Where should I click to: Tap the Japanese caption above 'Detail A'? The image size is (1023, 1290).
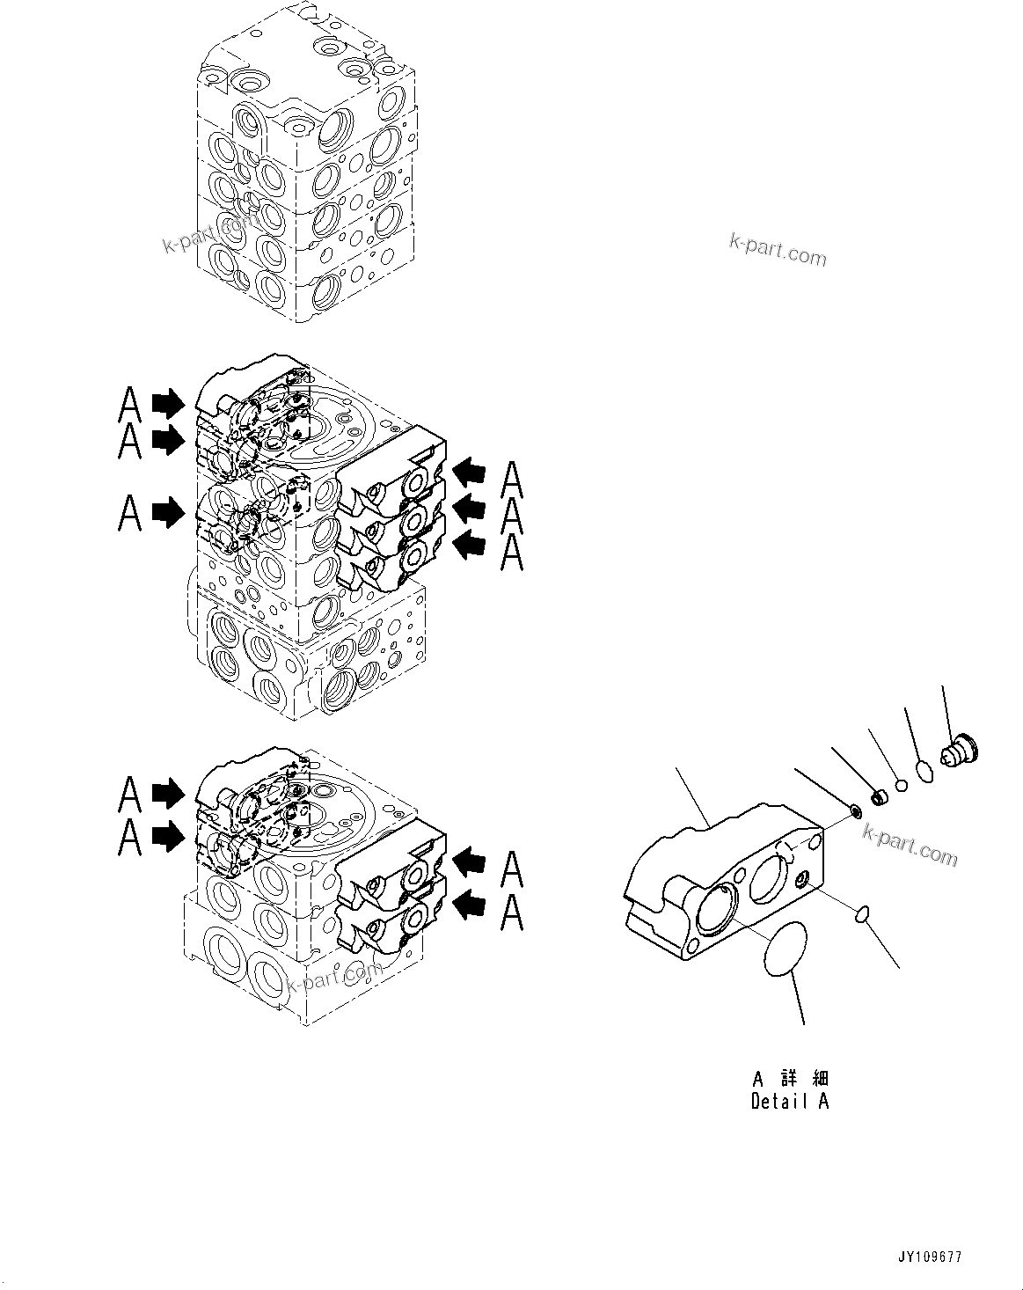click(x=790, y=1078)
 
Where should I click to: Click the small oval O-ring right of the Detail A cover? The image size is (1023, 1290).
click(x=863, y=915)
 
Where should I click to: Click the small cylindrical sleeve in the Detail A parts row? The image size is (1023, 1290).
click(x=878, y=797)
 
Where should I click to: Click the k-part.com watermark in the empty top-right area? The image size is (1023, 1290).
click(x=778, y=249)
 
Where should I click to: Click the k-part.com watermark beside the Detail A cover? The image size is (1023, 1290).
click(x=910, y=846)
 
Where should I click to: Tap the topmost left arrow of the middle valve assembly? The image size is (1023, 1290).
click(x=167, y=404)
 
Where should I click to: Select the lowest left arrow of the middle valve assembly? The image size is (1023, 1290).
click(x=167, y=511)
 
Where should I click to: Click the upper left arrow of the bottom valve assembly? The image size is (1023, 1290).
click(x=167, y=794)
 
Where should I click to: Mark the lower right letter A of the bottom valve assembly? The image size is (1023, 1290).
click(x=513, y=913)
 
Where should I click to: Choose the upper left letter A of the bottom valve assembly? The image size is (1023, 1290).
click(x=130, y=794)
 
